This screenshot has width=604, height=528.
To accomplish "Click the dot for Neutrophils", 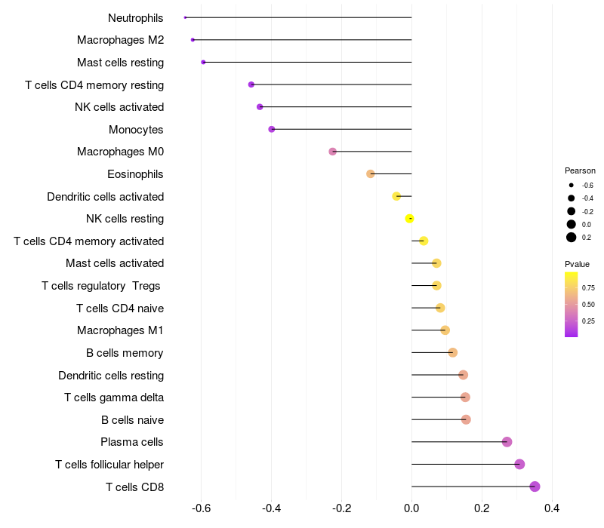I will [185, 17].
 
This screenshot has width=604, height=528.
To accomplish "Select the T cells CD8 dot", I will [535, 487].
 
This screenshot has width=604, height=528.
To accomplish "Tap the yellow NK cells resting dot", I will [409, 219].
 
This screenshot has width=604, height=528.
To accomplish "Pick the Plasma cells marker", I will [507, 442].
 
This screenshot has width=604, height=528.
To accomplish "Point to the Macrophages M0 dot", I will [332, 152].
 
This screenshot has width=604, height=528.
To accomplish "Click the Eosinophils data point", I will [370, 174].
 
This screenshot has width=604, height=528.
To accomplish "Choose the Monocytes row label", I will [136, 130].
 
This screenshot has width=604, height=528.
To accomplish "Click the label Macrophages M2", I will [120, 40].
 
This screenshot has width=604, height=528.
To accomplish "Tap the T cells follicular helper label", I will [109, 465].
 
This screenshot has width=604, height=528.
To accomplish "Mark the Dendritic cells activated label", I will [105, 197].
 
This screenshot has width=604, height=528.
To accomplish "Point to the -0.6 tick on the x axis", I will [201, 508].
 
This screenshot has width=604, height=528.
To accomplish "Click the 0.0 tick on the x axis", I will [411, 508].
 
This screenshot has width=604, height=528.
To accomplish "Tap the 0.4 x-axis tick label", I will [552, 508].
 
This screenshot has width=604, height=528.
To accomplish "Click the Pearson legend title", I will [580, 170].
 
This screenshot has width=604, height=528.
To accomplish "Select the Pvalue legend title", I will [577, 264].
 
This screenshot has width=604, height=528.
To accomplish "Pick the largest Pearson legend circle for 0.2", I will [572, 238].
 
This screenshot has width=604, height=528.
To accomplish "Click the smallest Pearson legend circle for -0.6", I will [572, 185].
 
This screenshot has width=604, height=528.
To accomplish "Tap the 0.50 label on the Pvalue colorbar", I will [588, 304].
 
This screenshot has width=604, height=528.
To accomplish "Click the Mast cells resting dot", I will [203, 62].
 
